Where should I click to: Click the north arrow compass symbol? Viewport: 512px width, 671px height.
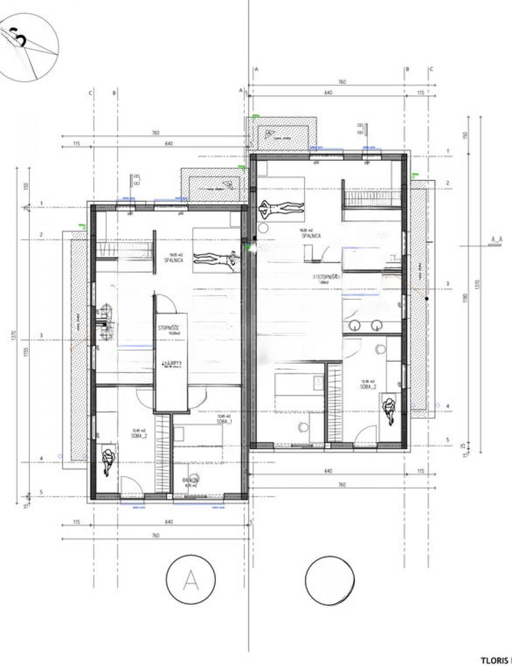[29, 46]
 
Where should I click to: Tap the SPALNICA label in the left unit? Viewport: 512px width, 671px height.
[173, 260]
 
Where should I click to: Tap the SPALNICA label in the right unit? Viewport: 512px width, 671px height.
[311, 236]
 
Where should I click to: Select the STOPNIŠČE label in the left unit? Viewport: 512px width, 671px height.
[170, 329]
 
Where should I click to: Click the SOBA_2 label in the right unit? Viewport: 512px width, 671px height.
[368, 386]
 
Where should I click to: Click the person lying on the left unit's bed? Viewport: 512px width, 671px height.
[215, 258]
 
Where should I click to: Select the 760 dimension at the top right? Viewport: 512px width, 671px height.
[342, 82]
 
